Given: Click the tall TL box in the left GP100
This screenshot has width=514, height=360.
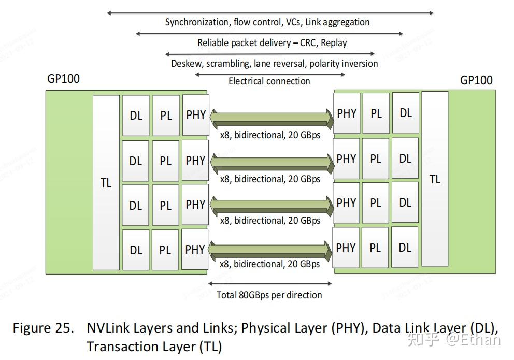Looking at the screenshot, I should tap(106, 182).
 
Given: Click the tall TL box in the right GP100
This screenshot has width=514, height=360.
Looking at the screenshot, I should tap(435, 179).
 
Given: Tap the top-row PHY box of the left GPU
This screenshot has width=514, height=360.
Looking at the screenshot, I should tap(196, 114).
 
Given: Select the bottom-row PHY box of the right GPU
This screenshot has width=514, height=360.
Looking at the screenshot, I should tap(346, 248).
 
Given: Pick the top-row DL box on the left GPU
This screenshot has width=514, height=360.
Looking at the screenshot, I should tap(136, 116).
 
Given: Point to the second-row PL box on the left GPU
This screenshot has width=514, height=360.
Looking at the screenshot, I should tap(165, 161).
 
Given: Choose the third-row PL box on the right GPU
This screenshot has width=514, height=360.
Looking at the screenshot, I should tap(376, 204).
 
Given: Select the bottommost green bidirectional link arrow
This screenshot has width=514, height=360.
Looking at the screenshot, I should tap(272, 250).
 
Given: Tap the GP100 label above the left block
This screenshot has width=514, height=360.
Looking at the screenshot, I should tap(63, 79).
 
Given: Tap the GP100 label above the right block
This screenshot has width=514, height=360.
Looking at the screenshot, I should tap(476, 80).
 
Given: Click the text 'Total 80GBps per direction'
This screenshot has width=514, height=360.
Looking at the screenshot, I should tap(269, 295).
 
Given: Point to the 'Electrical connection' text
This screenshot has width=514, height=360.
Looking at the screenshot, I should tap(269, 81).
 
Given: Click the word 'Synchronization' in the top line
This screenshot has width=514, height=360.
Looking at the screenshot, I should tap(196, 22).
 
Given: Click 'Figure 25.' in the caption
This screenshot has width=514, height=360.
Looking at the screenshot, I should tap(44, 328).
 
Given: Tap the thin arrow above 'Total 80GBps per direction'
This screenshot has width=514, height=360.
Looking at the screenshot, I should tap(270, 283).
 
